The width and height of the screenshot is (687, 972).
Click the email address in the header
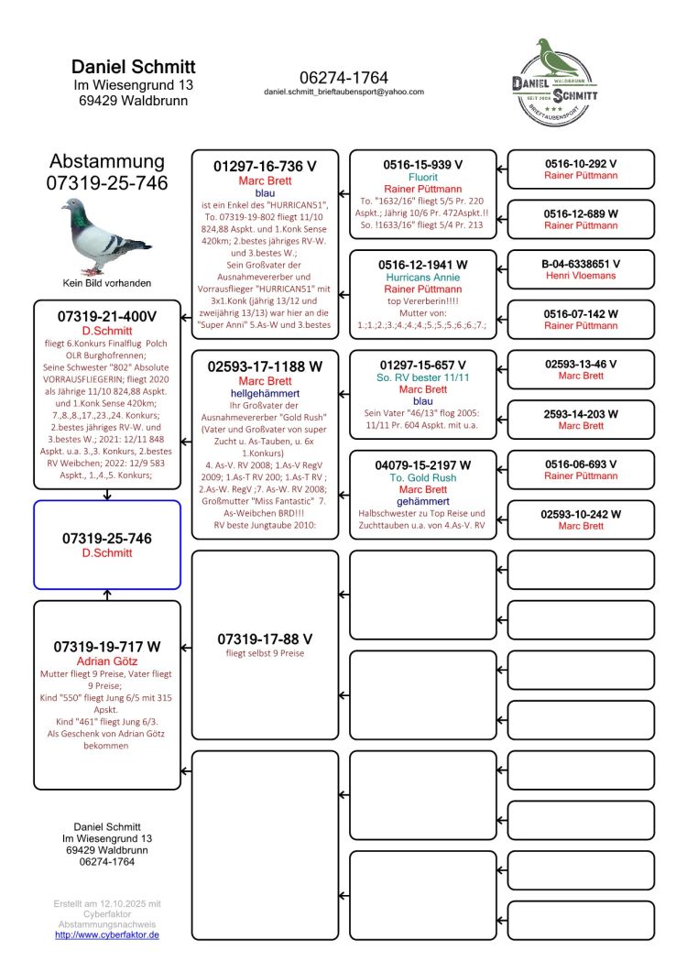[343, 93]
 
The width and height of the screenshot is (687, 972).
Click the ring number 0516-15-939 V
[422, 164]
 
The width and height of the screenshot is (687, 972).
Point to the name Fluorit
[422, 177]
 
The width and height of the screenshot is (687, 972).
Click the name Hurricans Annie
[422, 277]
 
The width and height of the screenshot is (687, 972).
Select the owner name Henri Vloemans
[581, 276]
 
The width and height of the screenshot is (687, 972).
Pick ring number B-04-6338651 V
[581, 264]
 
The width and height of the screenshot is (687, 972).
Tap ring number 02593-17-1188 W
[265, 366]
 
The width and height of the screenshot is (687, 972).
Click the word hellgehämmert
[265, 393]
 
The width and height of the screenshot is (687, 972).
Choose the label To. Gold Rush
[422, 477]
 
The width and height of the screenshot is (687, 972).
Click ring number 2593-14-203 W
[581, 414]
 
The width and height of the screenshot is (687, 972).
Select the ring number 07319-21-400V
[107, 315]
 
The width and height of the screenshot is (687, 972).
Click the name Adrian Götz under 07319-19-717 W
[107, 661]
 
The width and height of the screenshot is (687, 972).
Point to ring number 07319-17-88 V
[265, 639]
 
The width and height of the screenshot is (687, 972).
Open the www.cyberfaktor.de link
[107, 934]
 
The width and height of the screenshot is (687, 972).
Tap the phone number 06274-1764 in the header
[343, 78]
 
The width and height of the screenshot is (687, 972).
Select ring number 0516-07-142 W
[581, 314]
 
